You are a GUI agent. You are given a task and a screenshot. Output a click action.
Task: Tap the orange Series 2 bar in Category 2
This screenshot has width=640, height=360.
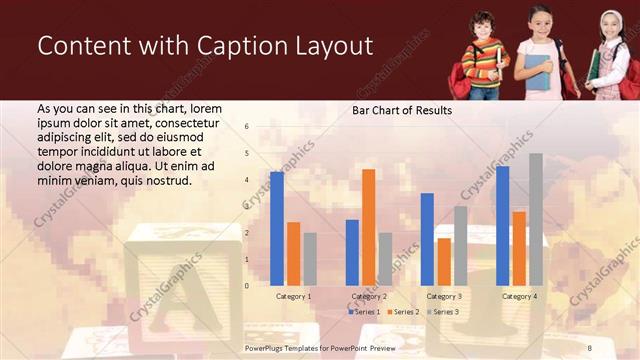point(368,227)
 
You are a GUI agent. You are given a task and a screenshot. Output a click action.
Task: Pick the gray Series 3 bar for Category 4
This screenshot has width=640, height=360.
point(536,219)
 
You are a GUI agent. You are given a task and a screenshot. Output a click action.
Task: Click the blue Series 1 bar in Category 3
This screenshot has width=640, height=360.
point(427,239)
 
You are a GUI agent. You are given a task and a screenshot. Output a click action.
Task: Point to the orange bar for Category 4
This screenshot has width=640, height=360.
point(519,248)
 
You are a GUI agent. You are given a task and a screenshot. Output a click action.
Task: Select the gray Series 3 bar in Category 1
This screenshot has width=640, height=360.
point(310,259)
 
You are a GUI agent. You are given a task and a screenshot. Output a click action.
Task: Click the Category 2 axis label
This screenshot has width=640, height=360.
point(368,297)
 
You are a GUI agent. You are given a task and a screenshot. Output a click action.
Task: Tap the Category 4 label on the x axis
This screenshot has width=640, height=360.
point(519,297)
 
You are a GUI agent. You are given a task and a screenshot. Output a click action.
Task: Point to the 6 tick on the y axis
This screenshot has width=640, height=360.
point(247,127)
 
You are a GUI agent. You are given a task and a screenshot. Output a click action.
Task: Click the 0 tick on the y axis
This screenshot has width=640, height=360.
point(247,286)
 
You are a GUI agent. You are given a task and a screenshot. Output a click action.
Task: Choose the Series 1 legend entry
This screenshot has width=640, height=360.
point(363,313)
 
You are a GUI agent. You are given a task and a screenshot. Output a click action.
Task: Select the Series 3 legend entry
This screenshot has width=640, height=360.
point(443,313)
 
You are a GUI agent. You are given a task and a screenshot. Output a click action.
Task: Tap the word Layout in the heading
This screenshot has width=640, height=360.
point(327,46)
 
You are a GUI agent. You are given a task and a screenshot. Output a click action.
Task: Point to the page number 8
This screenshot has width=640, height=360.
point(589,345)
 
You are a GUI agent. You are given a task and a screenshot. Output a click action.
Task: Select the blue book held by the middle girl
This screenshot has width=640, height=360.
point(537,73)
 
